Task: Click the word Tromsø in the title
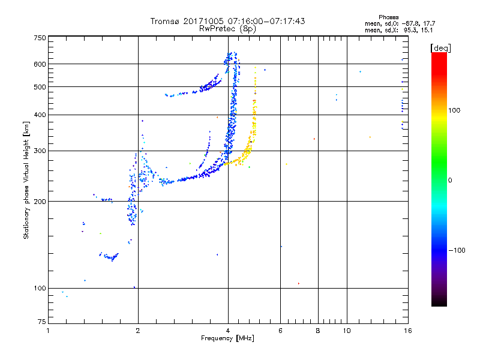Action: [166, 21]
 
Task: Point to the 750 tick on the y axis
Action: [40, 38]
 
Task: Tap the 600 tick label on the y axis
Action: [40, 64]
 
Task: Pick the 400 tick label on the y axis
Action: [40, 115]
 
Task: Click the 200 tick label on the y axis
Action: [40, 201]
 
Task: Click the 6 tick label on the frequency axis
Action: [280, 331]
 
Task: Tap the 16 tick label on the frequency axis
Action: [407, 331]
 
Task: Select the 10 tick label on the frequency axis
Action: [346, 331]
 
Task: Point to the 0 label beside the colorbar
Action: [450, 180]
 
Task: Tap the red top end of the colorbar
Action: [439, 55]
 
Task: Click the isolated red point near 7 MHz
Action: [298, 283]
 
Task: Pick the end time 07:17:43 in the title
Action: [286, 21]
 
